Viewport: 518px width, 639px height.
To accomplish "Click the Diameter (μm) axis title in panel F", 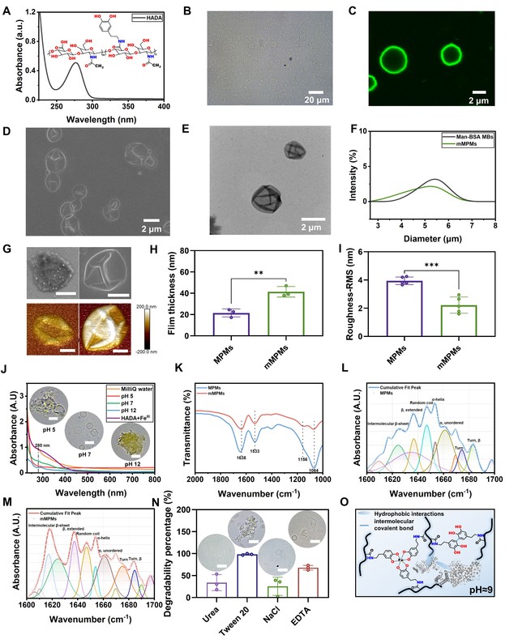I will (x=430, y=240).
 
